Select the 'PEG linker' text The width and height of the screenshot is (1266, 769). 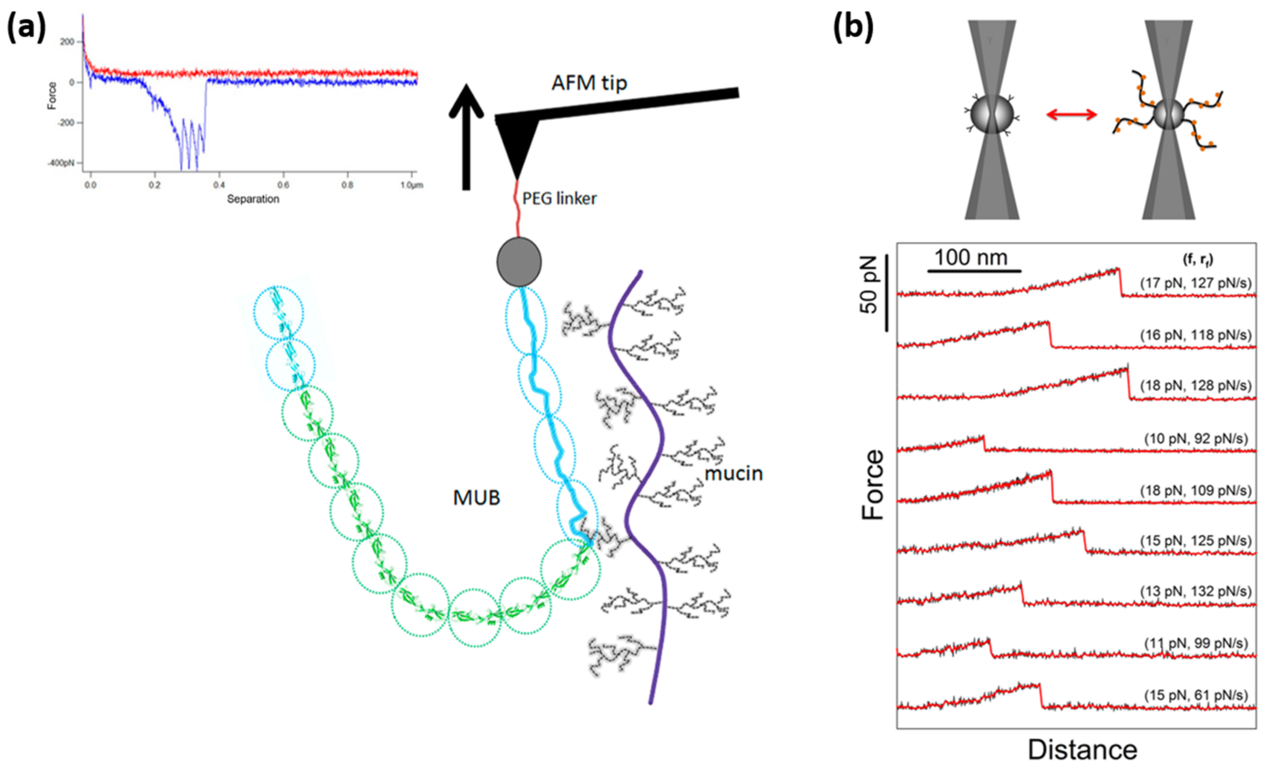(559, 199)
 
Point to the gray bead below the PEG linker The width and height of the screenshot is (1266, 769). (518, 262)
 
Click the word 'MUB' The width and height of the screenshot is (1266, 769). (476, 498)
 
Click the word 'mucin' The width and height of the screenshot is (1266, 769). (733, 474)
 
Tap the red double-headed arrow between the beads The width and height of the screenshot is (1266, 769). (1071, 115)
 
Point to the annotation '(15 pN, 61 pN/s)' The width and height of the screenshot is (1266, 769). (1196, 695)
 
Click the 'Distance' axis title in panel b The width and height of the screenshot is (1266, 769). (1082, 750)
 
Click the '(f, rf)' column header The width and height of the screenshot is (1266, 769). (1197, 260)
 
